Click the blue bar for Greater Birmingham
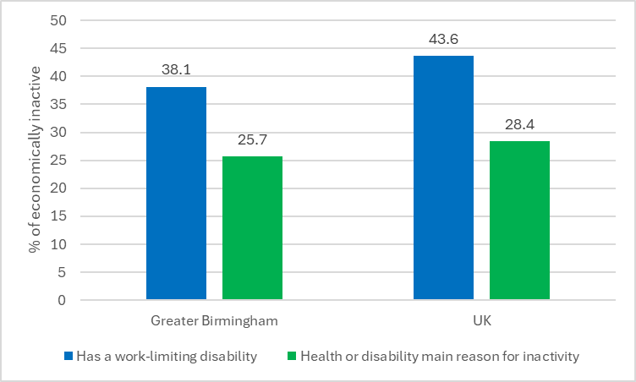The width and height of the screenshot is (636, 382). click(x=176, y=194)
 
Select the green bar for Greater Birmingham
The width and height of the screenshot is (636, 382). click(x=252, y=228)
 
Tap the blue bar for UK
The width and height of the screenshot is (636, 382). click(x=443, y=177)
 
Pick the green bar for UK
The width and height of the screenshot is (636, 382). click(x=519, y=221)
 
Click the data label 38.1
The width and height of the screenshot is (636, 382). click(x=176, y=72)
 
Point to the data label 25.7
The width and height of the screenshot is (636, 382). click(x=252, y=141)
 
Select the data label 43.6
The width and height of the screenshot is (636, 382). click(x=443, y=40)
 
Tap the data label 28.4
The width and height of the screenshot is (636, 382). click(x=519, y=125)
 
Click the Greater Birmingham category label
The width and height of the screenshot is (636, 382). click(x=214, y=321)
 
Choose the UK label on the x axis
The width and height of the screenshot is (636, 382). click(x=481, y=321)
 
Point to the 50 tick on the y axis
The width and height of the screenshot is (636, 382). click(x=60, y=20)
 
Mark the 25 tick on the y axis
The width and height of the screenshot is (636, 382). click(x=60, y=161)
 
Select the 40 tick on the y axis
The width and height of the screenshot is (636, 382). click(x=60, y=76)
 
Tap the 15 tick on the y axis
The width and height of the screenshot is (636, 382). click(x=60, y=216)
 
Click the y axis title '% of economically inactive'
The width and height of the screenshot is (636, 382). click(x=35, y=161)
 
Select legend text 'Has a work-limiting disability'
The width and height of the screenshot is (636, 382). click(x=166, y=357)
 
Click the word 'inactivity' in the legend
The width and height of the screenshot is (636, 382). click(x=552, y=357)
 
